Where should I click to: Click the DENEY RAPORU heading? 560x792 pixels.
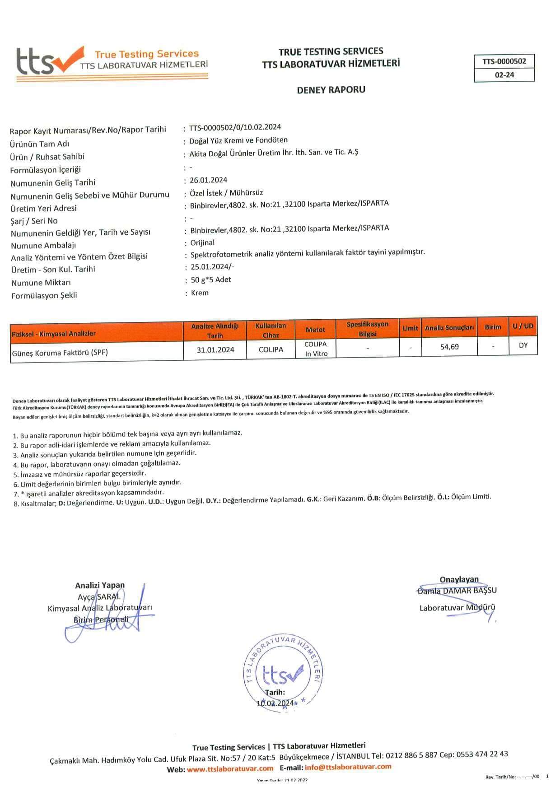331,90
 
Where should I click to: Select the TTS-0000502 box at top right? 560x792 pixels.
504,61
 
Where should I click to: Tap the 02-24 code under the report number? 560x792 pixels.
504,75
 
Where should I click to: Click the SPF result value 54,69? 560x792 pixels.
449,347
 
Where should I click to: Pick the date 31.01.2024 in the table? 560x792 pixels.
215,349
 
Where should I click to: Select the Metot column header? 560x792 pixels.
315,330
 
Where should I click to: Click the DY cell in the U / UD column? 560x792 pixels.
523,345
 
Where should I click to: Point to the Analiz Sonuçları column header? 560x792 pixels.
449,328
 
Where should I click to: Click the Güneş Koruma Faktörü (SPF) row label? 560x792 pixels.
60,353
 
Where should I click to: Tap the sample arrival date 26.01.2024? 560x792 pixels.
209,180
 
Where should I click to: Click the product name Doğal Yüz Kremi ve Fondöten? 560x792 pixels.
238,140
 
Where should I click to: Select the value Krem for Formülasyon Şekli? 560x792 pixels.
200,293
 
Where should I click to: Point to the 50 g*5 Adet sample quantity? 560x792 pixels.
211,280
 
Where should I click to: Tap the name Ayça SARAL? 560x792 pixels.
99,597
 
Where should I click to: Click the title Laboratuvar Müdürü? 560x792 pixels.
457,608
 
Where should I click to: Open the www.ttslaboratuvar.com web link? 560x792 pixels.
230,769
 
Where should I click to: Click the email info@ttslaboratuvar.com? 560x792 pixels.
348,767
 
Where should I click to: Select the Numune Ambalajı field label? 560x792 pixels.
43,246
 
